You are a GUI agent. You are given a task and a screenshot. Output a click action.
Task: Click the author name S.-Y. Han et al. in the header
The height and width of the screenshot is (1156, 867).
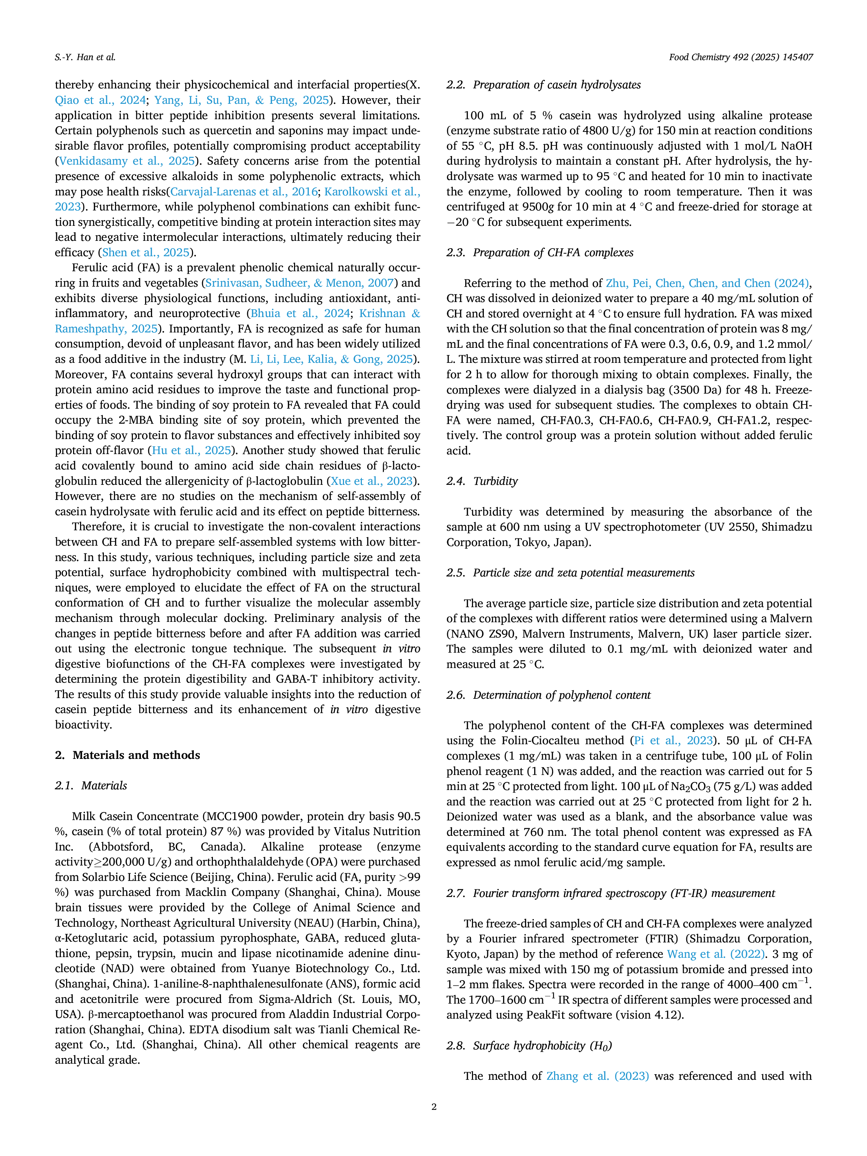pyautogui.click(x=85, y=57)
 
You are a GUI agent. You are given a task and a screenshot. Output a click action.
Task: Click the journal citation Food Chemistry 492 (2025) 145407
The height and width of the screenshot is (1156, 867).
pyautogui.click(x=741, y=57)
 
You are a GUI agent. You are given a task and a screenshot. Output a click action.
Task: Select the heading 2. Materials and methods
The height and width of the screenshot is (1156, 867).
pyautogui.click(x=128, y=755)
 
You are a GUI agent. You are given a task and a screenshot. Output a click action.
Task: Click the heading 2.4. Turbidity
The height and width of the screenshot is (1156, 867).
pyautogui.click(x=482, y=481)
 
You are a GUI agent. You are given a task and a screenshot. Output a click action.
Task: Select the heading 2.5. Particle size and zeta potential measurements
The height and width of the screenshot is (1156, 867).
pyautogui.click(x=571, y=573)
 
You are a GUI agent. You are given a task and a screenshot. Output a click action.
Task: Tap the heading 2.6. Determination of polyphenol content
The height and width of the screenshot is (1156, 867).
pyautogui.click(x=549, y=695)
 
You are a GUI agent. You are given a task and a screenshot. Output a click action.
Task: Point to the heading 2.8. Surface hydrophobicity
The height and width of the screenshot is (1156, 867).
pyautogui.click(x=529, y=1046)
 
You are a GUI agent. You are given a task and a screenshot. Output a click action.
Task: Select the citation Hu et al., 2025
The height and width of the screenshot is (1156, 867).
pyautogui.click(x=191, y=451)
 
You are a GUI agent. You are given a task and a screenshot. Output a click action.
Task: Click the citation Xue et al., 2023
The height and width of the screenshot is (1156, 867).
pyautogui.click(x=372, y=481)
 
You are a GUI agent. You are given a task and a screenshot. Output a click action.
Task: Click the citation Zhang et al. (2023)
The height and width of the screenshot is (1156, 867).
pyautogui.click(x=598, y=1076)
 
